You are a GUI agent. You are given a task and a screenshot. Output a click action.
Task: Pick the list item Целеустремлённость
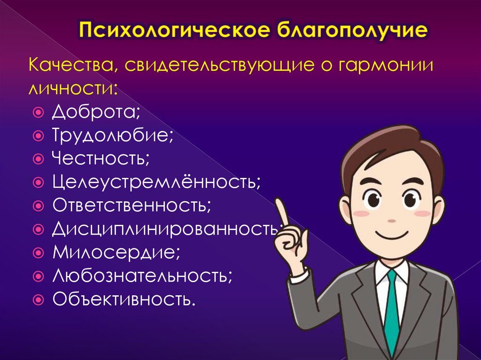[x=156, y=180]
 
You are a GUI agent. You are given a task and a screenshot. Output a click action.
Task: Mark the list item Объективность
[x=124, y=298]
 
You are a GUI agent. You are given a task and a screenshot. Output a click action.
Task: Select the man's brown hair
[x=390, y=146]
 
